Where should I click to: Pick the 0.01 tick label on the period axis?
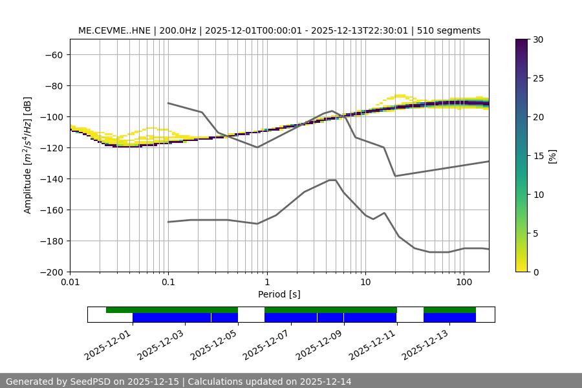click(x=70, y=283)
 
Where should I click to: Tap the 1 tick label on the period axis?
click(x=266, y=283)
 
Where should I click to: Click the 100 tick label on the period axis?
click(x=463, y=283)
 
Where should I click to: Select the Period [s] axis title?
click(x=279, y=294)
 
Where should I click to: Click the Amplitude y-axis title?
click(x=28, y=155)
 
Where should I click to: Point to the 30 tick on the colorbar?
click(x=539, y=39)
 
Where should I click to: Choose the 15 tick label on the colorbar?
click(x=539, y=156)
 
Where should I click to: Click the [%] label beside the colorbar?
click(x=552, y=156)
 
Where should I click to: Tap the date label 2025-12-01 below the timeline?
click(x=107, y=343)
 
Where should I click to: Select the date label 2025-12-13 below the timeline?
click(x=424, y=343)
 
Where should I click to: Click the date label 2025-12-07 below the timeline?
click(x=265, y=343)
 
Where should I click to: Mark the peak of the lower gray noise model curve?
click(x=332, y=180)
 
